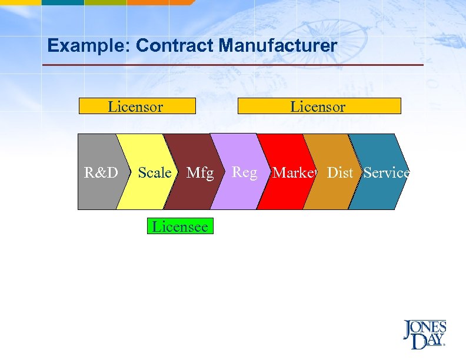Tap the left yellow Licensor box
[x=137, y=106]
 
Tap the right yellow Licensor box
[x=318, y=106]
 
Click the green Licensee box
[x=180, y=226]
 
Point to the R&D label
[x=101, y=173]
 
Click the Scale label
[x=154, y=173]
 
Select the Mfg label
[x=200, y=173]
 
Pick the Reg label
[x=245, y=172]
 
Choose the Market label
[x=295, y=173]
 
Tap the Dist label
[x=340, y=173]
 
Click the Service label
[x=386, y=173]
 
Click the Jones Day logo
[x=424, y=335]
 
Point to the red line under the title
[x=235, y=65]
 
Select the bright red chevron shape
[x=282, y=194]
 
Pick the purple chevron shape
[x=235, y=194]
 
